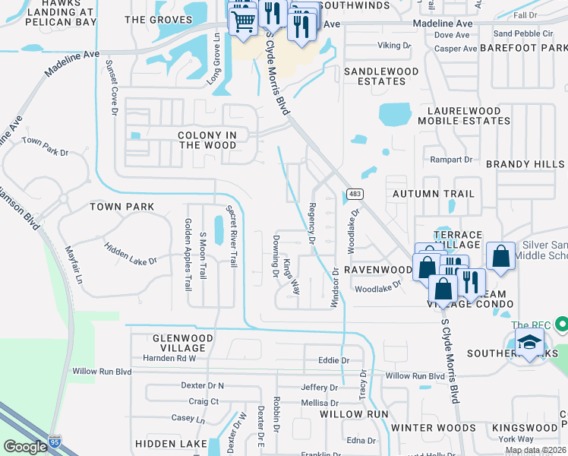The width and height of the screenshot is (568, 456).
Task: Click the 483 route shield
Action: tap(355, 194)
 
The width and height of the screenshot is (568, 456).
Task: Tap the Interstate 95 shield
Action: tap(54, 440)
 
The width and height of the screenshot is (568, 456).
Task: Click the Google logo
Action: tap(24, 446)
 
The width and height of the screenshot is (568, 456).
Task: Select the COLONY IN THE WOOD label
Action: tap(207, 140)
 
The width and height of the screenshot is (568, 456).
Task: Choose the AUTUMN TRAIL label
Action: tap(434, 194)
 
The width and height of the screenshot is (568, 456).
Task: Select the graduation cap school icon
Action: tap(529, 342)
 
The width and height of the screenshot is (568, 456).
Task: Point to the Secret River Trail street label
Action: tap(234, 236)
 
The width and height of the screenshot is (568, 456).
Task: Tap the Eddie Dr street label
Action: tap(333, 360)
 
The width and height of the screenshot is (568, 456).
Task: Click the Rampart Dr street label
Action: tap(453, 160)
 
